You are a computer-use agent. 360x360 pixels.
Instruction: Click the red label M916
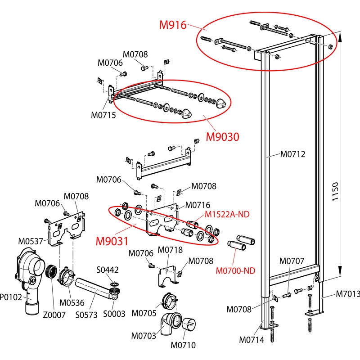(x=173, y=25)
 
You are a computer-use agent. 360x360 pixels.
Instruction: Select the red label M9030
(x=222, y=135)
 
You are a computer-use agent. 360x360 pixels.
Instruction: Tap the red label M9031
(x=111, y=241)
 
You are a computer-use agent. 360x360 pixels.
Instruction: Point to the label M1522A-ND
(x=227, y=214)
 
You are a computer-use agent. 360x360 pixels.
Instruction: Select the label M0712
(x=293, y=154)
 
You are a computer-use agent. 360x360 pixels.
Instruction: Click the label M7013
(x=348, y=294)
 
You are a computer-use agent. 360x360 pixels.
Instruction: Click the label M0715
(x=103, y=115)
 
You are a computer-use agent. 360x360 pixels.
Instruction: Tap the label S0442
(x=108, y=270)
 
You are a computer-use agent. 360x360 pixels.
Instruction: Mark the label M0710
(x=183, y=346)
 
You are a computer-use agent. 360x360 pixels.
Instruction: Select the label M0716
(x=198, y=205)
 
